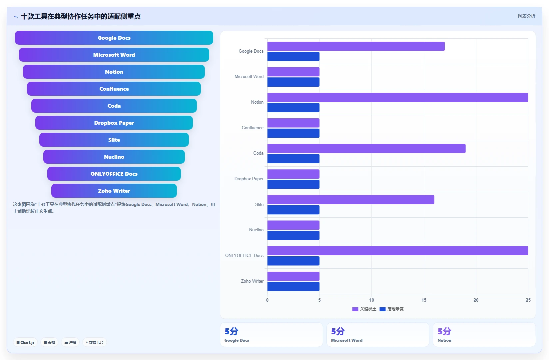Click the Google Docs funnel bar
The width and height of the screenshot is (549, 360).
[x=114, y=38]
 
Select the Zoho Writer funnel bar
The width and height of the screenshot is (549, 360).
[x=114, y=191]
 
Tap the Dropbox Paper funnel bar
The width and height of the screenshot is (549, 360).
[x=114, y=123]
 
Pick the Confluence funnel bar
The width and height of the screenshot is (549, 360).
[x=114, y=89]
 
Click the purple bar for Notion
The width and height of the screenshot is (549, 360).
[x=397, y=97]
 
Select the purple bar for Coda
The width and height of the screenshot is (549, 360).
[x=366, y=148]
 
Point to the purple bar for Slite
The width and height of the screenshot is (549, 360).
[x=351, y=200]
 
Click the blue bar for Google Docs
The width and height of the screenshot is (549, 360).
[x=293, y=56]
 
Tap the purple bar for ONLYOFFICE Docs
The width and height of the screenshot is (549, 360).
[x=397, y=251]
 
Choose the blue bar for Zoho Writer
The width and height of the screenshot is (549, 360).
[x=293, y=286]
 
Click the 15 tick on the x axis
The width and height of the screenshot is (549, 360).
[x=424, y=300]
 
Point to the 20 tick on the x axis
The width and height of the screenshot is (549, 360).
[x=476, y=300]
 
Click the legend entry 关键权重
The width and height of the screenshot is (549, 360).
[x=364, y=309]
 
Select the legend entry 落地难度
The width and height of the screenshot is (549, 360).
[x=391, y=309]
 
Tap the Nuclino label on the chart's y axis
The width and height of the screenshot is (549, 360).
[x=256, y=230]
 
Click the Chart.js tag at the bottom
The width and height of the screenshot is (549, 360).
[x=25, y=342]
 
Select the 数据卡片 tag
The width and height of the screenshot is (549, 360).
[x=95, y=342]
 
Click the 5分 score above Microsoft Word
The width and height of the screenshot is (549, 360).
[x=338, y=331]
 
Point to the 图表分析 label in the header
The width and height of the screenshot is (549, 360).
[x=526, y=16]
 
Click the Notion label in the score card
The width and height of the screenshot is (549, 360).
[x=444, y=340]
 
